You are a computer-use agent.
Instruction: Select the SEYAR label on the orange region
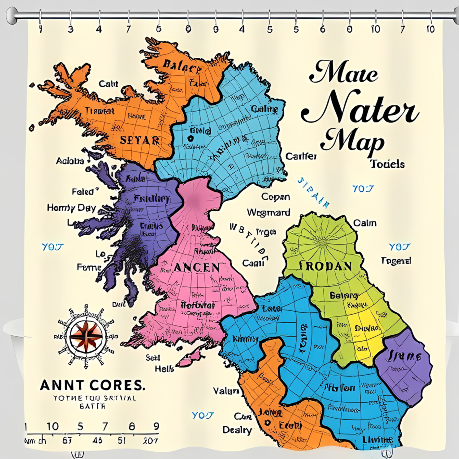[x=140, y=141]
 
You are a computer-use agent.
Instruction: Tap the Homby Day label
[x=71, y=208]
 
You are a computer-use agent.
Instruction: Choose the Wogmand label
[x=268, y=212]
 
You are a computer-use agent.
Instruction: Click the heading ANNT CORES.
[x=92, y=385]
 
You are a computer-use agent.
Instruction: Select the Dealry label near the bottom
[x=237, y=430]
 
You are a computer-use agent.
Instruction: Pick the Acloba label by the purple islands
[x=70, y=161]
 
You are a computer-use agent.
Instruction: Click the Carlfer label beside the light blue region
[x=301, y=156]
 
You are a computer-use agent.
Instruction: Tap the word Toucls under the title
[x=387, y=164]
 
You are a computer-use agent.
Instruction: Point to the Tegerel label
[x=396, y=261]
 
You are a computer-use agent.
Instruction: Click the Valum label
[x=226, y=391]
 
